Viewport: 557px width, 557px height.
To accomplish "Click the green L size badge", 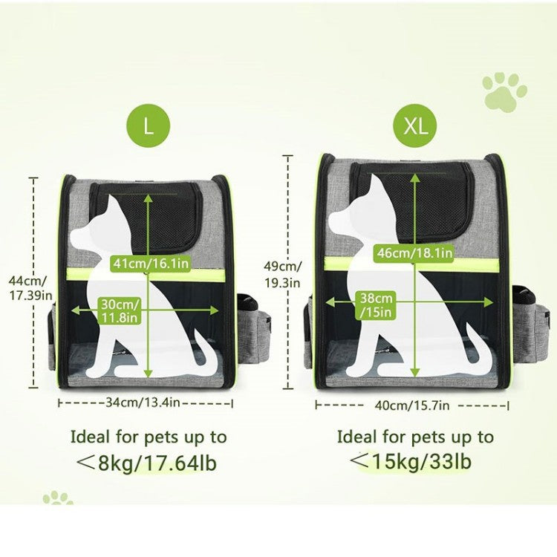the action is click(x=149, y=126).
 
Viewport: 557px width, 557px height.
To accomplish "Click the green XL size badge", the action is click(x=415, y=126).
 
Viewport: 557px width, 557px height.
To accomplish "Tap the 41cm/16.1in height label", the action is click(x=151, y=264).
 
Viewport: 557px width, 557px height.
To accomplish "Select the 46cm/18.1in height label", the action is click(x=415, y=253).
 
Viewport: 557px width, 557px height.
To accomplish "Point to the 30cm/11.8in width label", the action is click(x=120, y=311).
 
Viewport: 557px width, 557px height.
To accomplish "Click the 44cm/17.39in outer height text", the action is click(x=30, y=287).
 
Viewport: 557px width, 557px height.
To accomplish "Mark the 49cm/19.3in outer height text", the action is click(x=283, y=274).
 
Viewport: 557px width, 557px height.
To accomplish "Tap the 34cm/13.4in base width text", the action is click(x=143, y=403).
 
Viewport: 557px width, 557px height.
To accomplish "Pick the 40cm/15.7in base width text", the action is click(x=412, y=405).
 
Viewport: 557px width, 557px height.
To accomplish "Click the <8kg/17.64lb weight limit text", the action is click(x=147, y=463).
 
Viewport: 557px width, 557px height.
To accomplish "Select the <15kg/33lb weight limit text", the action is click(x=411, y=461).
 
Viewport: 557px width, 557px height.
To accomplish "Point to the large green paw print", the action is click(x=504, y=92).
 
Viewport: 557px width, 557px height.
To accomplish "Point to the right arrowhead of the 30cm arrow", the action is click(x=214, y=310).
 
